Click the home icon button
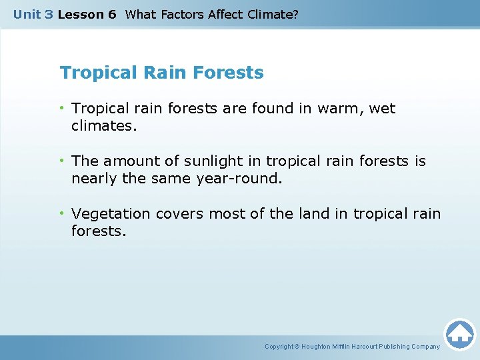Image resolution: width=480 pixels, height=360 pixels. click(459, 333)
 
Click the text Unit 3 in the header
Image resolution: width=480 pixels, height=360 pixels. click(33, 14)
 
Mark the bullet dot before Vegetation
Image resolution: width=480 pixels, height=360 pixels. click(62, 213)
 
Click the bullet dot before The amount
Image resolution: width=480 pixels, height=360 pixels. click(62, 161)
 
